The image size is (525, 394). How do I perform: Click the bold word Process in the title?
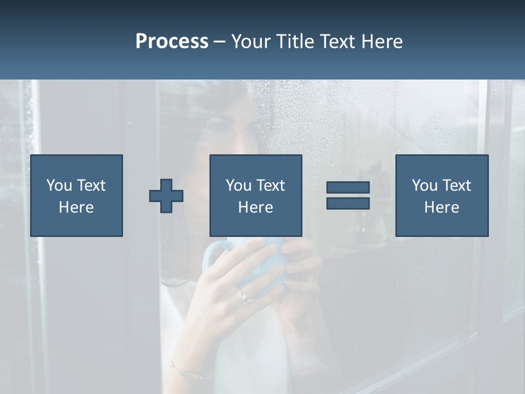(x=172, y=42)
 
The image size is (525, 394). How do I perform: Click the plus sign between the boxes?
(x=166, y=196)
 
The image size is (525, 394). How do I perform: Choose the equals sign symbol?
(x=348, y=195)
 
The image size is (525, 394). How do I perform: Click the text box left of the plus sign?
(x=77, y=196)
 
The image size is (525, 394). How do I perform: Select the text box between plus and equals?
(x=256, y=196)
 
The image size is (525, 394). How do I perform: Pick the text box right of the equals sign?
(x=442, y=196)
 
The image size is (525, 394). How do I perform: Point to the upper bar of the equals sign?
(x=348, y=188)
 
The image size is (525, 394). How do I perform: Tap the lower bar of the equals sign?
(x=348, y=203)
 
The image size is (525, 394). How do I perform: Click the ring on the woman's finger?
(x=244, y=296)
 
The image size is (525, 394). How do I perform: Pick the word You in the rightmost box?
(x=424, y=186)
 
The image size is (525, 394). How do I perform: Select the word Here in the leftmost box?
(x=77, y=207)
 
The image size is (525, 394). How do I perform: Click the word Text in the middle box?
(x=271, y=186)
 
